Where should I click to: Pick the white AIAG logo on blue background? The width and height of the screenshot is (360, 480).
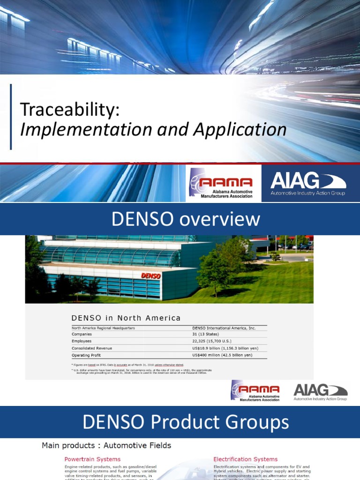(x=308, y=183)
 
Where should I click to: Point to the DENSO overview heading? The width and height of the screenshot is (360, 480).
(x=185, y=219)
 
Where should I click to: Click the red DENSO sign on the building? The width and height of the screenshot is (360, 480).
(x=150, y=276)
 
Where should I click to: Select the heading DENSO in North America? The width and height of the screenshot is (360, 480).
(x=126, y=318)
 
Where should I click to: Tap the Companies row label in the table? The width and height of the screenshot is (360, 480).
(x=82, y=334)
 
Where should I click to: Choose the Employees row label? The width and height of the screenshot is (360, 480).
(x=82, y=341)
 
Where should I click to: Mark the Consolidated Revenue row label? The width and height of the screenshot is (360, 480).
(x=92, y=348)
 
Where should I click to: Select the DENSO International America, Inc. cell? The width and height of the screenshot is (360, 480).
(x=224, y=328)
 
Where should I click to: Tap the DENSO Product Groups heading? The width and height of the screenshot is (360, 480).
(x=186, y=423)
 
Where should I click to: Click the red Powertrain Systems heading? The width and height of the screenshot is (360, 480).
(x=92, y=459)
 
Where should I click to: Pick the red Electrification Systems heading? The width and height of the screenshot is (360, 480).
(x=246, y=459)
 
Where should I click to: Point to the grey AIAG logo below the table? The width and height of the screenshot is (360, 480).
(x=320, y=392)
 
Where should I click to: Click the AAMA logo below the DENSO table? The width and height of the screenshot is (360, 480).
(x=255, y=391)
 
